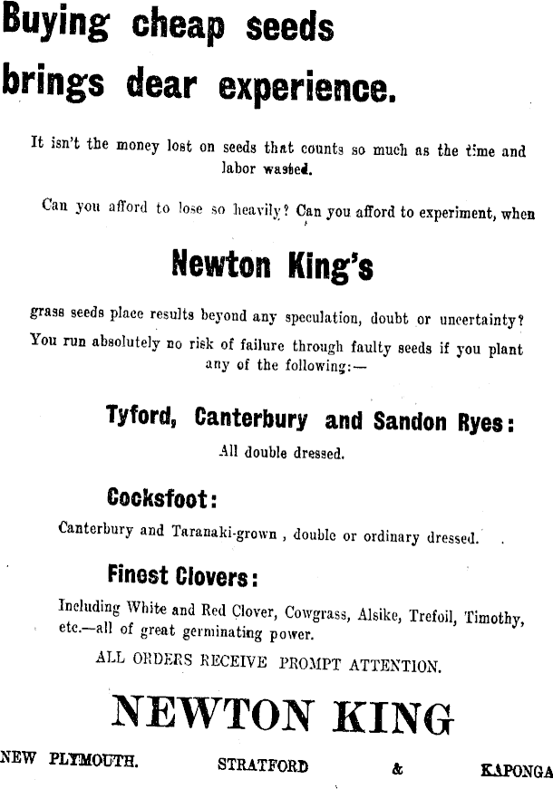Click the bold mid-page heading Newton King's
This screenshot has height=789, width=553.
pyautogui.click(x=272, y=265)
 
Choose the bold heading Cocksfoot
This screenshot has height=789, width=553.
pyautogui.click(x=161, y=497)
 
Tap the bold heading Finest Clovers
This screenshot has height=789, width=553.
pyautogui.click(x=181, y=574)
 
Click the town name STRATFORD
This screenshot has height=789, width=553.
pyautogui.click(x=263, y=765)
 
